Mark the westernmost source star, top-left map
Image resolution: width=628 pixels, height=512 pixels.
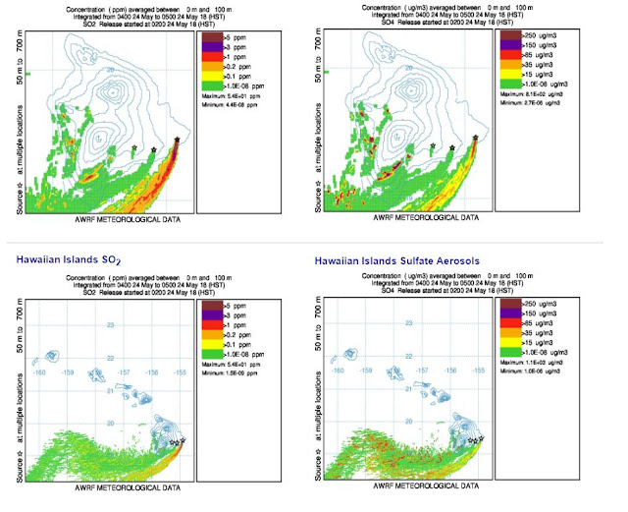[134, 148]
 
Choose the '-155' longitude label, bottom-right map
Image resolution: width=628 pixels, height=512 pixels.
[478, 370]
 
